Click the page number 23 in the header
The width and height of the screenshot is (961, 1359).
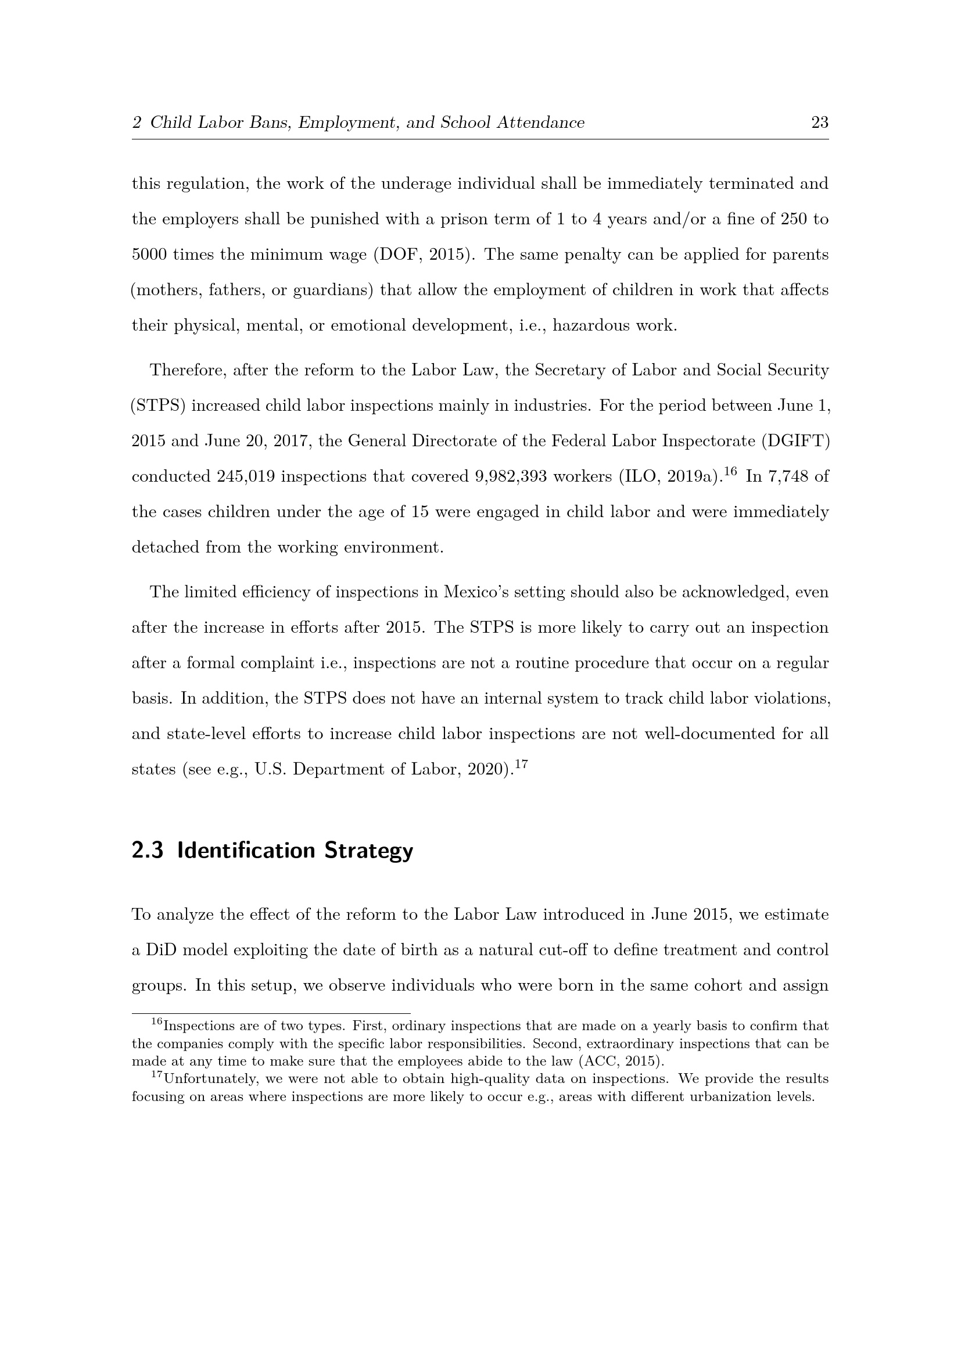pos(820,123)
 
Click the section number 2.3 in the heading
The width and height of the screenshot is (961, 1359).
pos(148,851)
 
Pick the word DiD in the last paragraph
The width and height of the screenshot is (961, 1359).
pos(161,950)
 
